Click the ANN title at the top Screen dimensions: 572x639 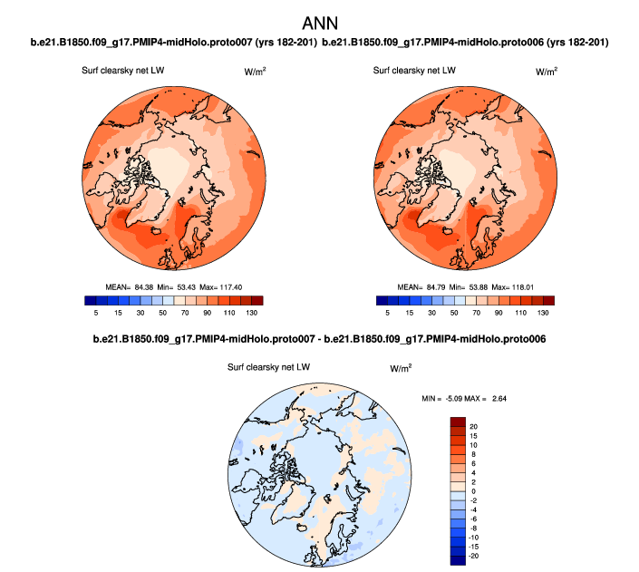319,19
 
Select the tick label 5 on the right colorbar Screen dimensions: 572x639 387,312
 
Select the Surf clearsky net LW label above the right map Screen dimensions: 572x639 414,70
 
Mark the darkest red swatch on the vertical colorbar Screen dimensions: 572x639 459,423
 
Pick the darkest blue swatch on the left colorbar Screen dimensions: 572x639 88,300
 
